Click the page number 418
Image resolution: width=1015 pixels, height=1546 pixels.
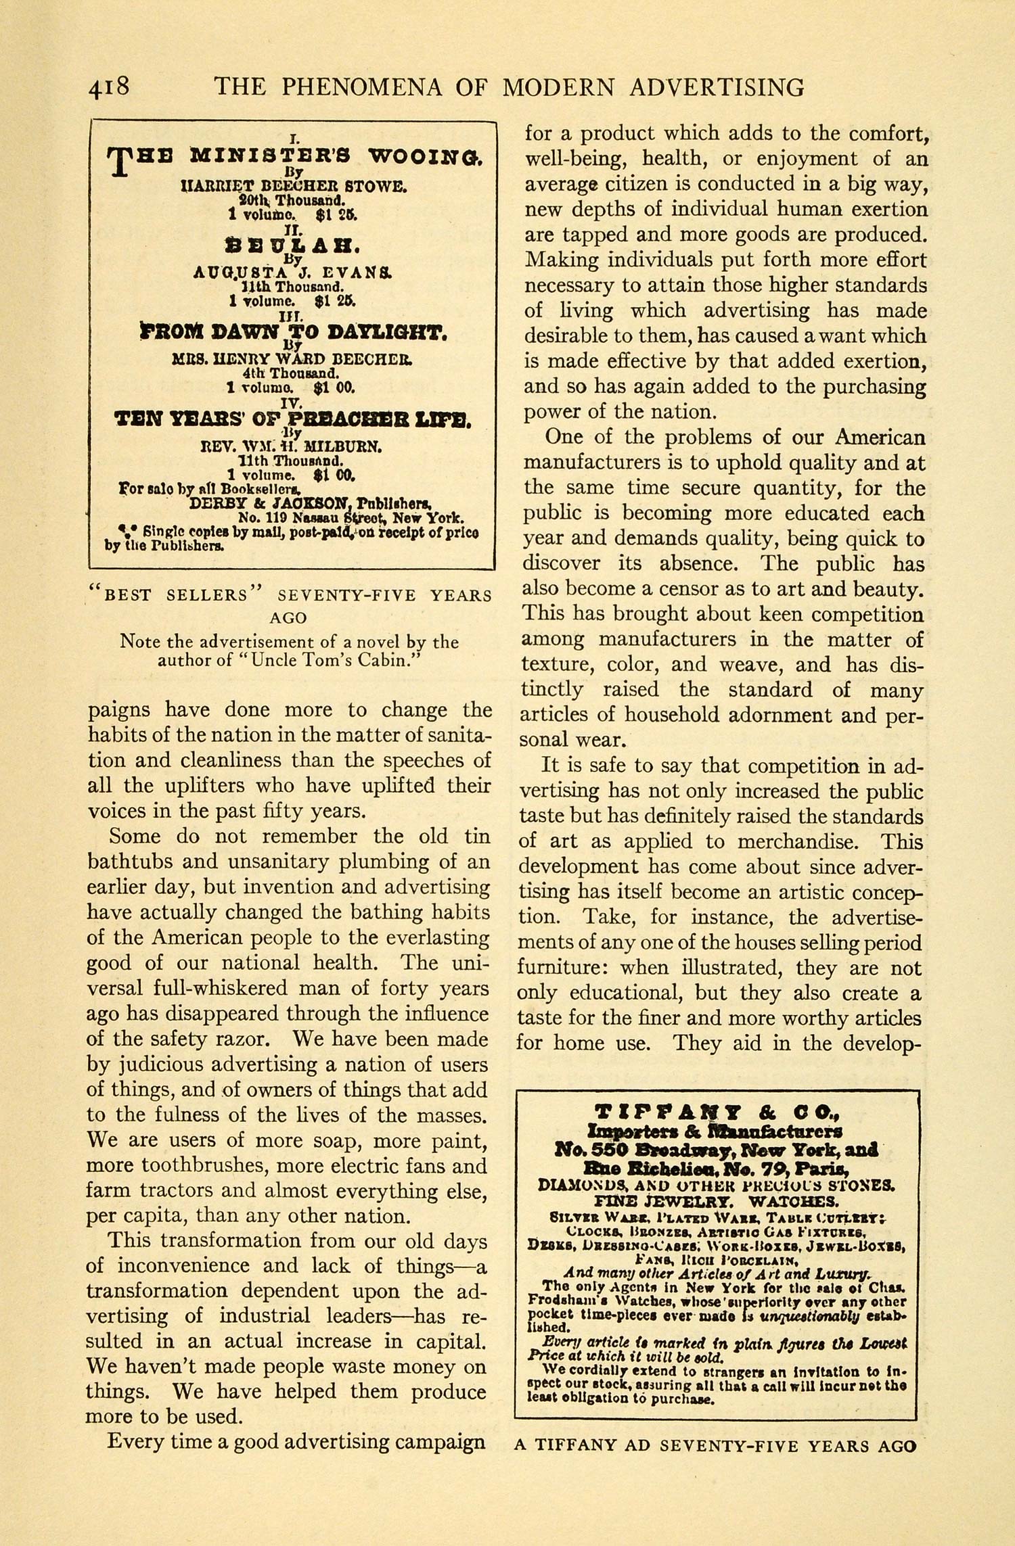108,88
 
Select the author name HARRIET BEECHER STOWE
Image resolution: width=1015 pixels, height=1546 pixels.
293,185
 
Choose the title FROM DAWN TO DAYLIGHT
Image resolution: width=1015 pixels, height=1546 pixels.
292,332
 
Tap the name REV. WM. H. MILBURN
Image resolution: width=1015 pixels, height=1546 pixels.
292,446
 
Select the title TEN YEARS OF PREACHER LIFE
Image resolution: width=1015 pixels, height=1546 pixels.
292,419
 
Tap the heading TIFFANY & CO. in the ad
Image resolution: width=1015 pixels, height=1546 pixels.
717,1112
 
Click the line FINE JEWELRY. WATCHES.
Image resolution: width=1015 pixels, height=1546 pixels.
717,1201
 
